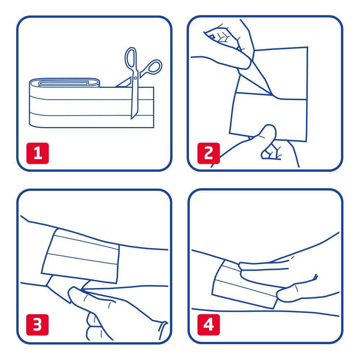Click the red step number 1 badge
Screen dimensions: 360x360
coord(38,153)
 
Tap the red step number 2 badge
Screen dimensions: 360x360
coord(208,153)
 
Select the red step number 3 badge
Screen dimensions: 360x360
coord(37,325)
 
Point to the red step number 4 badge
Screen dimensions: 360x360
coord(208,325)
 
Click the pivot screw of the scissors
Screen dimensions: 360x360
coord(135,78)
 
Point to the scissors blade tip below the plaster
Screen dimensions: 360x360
coord(131,118)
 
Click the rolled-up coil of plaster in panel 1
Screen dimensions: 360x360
coord(64,83)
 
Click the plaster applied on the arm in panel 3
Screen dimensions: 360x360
coord(80,256)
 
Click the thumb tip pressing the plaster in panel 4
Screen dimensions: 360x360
coord(281,296)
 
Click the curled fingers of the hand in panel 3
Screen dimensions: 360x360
coord(94,326)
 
